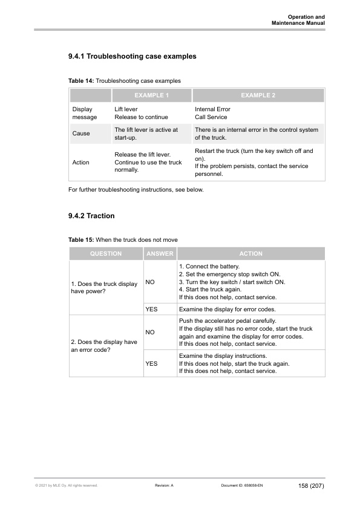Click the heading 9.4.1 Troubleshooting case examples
132,57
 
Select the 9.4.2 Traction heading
92,215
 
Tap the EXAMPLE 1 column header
151,96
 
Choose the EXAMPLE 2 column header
258,96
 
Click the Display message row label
84,113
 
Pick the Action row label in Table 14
80,163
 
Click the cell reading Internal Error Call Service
212,113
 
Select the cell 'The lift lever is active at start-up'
146,134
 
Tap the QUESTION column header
106,254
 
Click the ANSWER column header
160,254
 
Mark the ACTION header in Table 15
250,254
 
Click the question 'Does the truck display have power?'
105,288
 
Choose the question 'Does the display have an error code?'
105,346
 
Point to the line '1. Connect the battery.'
209,267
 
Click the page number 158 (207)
311,486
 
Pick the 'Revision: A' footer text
165,486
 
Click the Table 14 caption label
81,80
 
